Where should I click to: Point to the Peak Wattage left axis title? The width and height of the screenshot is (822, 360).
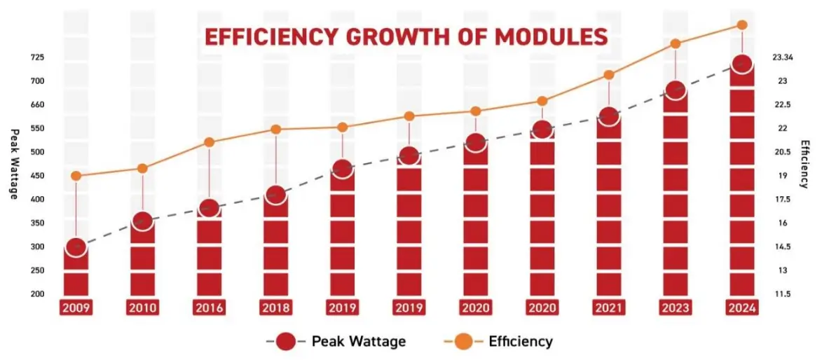(x=13, y=164)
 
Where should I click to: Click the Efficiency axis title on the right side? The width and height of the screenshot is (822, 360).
(x=805, y=164)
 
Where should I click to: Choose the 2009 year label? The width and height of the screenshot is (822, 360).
(x=76, y=307)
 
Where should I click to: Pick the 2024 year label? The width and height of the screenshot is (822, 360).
(x=742, y=307)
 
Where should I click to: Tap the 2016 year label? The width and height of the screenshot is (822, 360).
(x=209, y=307)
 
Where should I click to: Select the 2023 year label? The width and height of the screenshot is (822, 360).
(x=676, y=307)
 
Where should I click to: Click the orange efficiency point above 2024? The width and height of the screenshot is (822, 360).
(x=743, y=25)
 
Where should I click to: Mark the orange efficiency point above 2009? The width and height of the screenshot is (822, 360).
(x=76, y=176)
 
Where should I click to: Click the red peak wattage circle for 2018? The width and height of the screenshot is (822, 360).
(x=276, y=195)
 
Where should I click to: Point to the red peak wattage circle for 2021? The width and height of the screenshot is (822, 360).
(x=609, y=116)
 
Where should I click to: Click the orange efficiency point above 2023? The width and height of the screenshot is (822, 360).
(x=676, y=43)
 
